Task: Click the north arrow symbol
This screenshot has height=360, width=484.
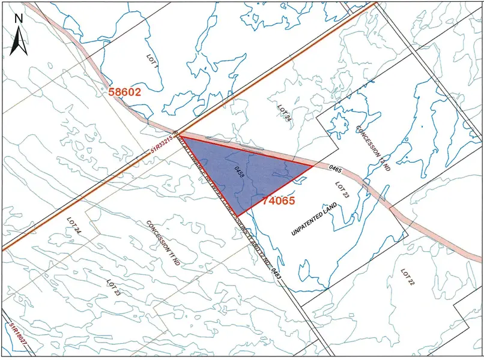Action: [x=19, y=41]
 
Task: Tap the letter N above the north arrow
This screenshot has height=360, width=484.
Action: [x=19, y=18]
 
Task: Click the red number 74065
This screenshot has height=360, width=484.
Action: [x=279, y=202]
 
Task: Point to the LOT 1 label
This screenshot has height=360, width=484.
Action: [x=151, y=58]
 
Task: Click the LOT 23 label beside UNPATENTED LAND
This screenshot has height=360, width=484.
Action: [x=343, y=190]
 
